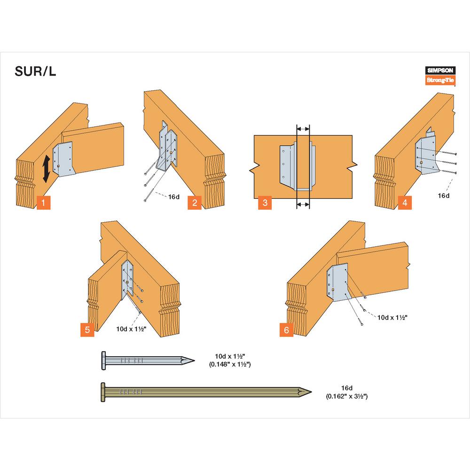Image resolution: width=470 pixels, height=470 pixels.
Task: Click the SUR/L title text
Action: (35, 73)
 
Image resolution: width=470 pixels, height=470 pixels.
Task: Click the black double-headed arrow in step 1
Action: (46, 170)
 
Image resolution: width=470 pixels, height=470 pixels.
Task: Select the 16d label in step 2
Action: (174, 197)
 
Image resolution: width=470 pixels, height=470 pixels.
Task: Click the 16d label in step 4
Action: (443, 194)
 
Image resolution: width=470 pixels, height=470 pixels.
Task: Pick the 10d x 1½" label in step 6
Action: (392, 317)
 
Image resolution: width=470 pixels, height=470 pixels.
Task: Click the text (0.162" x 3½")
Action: (346, 397)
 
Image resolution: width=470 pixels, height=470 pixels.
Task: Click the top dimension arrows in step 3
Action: (303, 128)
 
